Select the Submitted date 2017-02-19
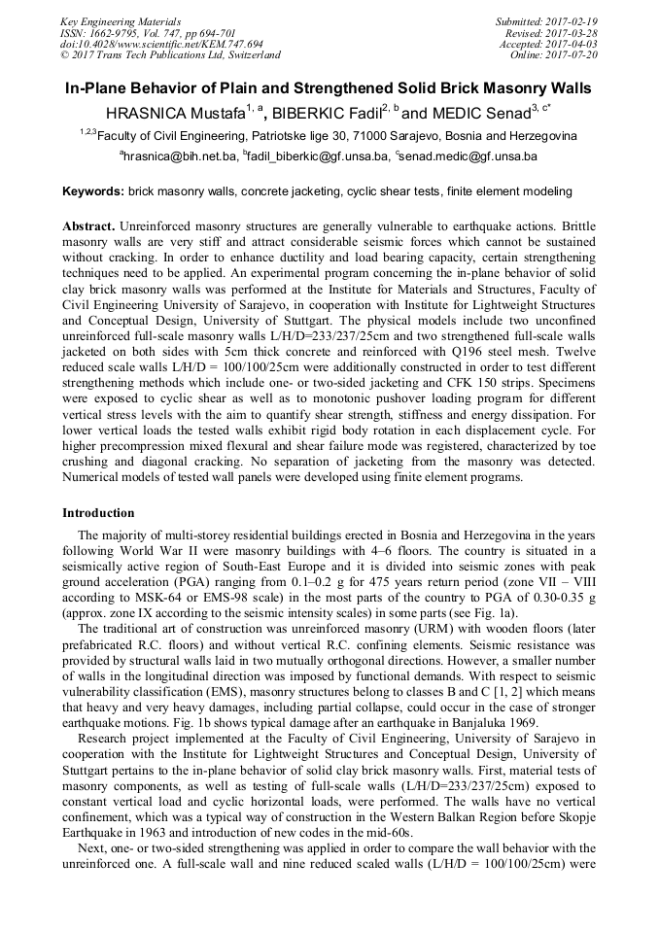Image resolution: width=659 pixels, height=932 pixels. pos(571,20)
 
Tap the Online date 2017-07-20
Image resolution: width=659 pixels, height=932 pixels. pos(571,54)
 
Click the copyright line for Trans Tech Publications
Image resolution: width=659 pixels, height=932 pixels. pos(170,55)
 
